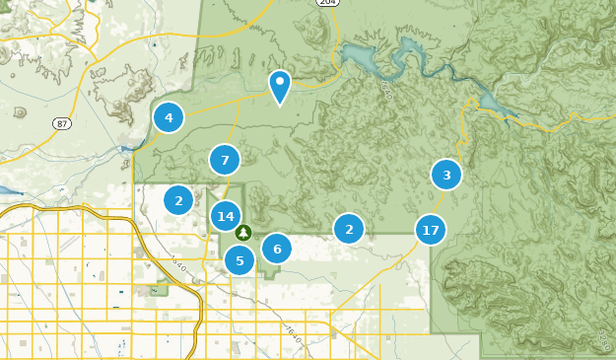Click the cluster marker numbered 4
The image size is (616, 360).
(x=169, y=118)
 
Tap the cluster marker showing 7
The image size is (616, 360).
(x=225, y=160)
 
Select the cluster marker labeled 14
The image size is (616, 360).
(x=226, y=216)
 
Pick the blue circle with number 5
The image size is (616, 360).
(x=240, y=260)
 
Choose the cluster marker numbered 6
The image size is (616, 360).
(x=277, y=249)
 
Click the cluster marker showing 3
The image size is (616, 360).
(x=446, y=176)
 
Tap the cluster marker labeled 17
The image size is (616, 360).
(x=430, y=231)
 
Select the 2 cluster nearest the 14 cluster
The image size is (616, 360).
(x=178, y=200)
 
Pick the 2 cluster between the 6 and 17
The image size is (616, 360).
(x=348, y=230)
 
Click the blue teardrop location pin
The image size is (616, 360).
(x=280, y=86)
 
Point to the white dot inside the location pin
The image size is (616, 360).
(x=280, y=81)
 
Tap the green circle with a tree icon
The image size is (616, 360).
(x=243, y=233)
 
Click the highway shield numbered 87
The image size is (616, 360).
(x=62, y=122)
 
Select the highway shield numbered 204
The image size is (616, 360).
(x=328, y=3)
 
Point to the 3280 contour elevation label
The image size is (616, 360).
(x=605, y=340)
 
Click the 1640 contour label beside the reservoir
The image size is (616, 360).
(x=385, y=90)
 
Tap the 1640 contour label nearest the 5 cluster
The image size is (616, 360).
(x=177, y=263)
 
